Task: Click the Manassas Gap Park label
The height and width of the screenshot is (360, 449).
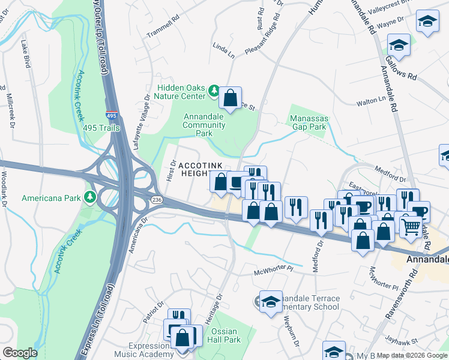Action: point(307,122)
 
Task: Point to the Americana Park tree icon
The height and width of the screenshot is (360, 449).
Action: point(90,197)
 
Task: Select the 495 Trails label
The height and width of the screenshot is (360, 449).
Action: point(101,128)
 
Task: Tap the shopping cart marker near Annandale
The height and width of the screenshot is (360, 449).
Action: point(411,226)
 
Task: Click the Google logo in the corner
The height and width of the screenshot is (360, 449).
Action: point(20,353)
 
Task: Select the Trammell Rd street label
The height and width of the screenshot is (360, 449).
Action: point(164,31)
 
